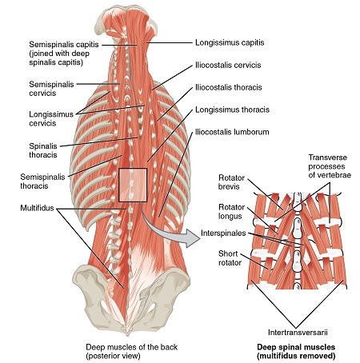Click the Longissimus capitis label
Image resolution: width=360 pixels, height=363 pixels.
(230, 42)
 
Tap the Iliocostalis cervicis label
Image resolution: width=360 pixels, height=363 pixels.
(228, 65)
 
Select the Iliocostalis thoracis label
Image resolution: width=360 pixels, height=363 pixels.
(229, 87)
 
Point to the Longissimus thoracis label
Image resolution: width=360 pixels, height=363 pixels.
(232, 110)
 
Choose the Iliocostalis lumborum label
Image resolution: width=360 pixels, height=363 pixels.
(232, 132)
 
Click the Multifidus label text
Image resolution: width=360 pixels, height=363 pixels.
(37, 208)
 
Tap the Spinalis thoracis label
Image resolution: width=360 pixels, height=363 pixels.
(43, 150)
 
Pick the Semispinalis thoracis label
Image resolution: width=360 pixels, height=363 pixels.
(42, 181)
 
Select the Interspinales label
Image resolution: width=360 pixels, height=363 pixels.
(223, 233)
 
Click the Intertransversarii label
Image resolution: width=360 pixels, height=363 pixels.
(298, 333)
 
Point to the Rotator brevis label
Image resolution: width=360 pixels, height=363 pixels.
(231, 182)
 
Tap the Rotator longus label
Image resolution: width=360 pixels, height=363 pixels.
(231, 211)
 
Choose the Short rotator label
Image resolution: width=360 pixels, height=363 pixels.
(230, 258)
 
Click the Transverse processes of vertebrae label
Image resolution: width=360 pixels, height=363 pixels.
(330, 166)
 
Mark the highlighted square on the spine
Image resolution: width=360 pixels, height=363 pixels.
(133, 185)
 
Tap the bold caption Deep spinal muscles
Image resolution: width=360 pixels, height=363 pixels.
(296, 347)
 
